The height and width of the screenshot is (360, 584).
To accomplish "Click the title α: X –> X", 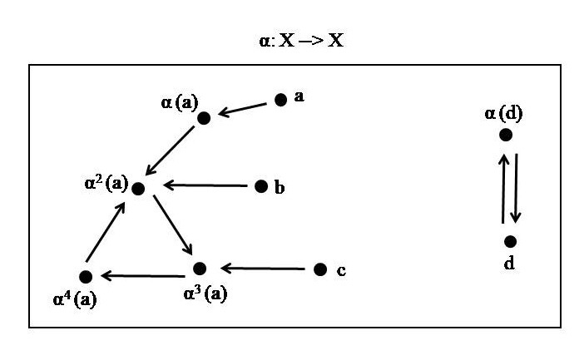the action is point(300,41).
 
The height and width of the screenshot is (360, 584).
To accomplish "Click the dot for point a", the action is point(281,100).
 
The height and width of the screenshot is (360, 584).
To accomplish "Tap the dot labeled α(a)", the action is point(204,118).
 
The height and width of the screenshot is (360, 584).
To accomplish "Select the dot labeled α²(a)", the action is point(138,188).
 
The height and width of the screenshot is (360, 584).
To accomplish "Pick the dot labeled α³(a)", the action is point(199,269).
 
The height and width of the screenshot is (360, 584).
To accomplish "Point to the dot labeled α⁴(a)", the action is point(85,276).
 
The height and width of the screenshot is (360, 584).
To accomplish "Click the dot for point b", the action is point(261,186).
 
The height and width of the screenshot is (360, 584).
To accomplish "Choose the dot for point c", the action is point(320,269).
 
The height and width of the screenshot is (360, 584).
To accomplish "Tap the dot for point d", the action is point(510,241).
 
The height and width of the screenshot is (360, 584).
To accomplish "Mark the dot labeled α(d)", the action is point(505,135).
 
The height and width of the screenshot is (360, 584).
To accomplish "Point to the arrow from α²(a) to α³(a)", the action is point(172,226).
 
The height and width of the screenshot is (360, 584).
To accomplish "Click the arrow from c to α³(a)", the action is point(261,269).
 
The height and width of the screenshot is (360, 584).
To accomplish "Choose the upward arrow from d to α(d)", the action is point(502,188).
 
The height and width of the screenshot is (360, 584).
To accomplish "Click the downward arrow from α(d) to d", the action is point(516,188).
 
